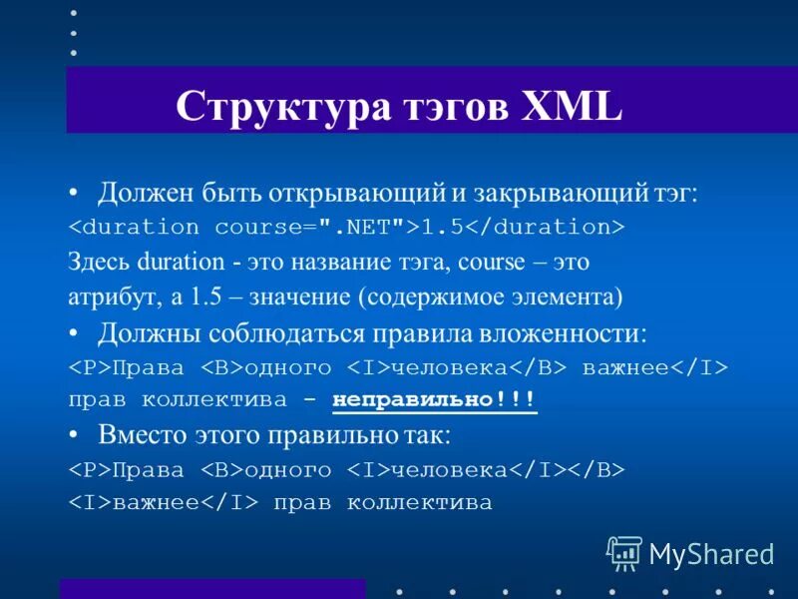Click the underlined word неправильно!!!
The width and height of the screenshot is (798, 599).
tap(434, 400)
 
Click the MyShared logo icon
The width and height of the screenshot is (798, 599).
tap(623, 552)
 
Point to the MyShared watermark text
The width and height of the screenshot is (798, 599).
tap(711, 552)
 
